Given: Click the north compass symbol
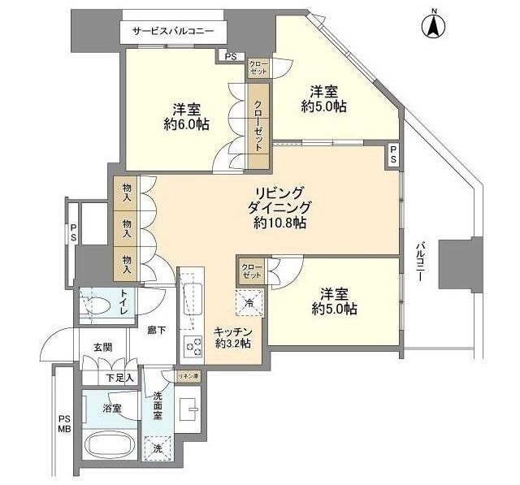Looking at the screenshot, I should [x=435, y=26].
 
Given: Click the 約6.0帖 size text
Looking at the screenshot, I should [x=186, y=124].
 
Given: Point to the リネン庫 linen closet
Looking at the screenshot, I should [x=187, y=375].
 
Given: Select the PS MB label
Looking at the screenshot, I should [x=64, y=425].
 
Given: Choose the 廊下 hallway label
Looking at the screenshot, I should [x=156, y=331].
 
